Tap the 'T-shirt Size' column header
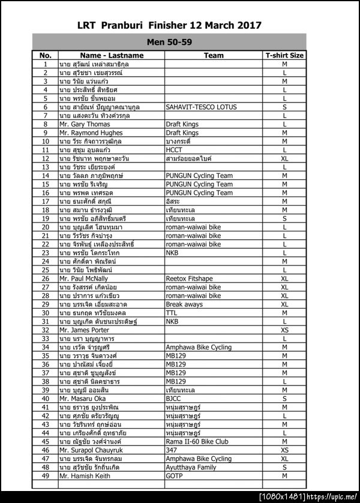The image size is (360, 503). point(284,55)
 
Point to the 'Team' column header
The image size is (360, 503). point(214,55)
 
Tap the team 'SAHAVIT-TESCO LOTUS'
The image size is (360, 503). point(201,107)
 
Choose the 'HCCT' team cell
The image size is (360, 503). point(174,150)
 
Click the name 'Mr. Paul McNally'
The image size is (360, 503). point(83,279)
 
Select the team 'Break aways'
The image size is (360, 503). point(184,305)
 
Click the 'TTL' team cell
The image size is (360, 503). point(172,313)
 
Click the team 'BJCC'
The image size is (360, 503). point(173,399)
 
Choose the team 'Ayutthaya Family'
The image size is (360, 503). point(190,467)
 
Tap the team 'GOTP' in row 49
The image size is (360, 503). point(174,476)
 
